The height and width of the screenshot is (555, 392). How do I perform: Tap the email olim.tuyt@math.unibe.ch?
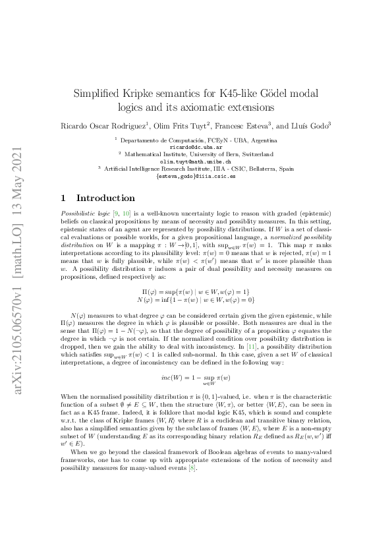[196, 161]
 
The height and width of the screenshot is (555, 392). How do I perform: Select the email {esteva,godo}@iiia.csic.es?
[196, 177]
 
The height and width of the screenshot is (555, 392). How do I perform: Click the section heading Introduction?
[105, 198]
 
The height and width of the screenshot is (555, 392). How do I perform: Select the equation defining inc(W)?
[196, 378]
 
